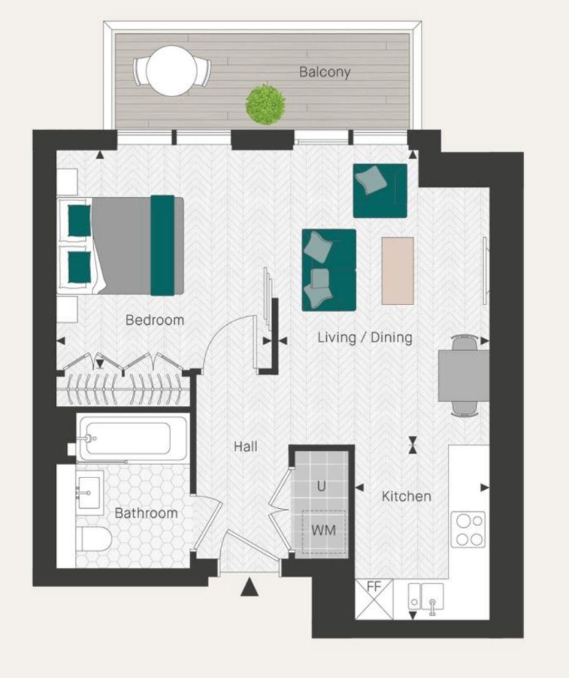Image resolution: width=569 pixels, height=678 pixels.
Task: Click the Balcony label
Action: pyautogui.click(x=325, y=72)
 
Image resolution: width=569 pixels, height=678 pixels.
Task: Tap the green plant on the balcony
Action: pyautogui.click(x=265, y=104)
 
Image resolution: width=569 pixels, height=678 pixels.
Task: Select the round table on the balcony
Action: pyautogui.click(x=171, y=71)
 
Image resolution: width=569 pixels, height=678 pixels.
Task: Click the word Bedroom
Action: pyautogui.click(x=155, y=320)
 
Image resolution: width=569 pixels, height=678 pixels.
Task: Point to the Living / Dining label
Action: pyautogui.click(x=365, y=337)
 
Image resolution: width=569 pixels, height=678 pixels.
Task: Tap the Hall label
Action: pyautogui.click(x=246, y=447)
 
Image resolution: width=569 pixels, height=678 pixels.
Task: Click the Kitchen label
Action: pyautogui.click(x=406, y=497)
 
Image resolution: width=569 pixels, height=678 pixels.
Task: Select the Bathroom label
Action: pyautogui.click(x=146, y=514)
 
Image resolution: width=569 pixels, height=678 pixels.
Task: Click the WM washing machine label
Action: pyautogui.click(x=323, y=530)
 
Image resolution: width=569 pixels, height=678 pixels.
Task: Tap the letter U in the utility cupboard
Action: pyautogui.click(x=321, y=487)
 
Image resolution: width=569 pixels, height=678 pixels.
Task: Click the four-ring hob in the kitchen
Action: pyautogui.click(x=468, y=530)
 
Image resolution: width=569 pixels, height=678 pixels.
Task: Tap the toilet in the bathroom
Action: pyautogui.click(x=94, y=539)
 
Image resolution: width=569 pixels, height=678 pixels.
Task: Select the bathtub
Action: pyautogui.click(x=133, y=439)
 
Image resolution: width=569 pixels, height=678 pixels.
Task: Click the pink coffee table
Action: pyautogui.click(x=398, y=271)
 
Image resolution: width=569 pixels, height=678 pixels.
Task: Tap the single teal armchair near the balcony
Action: pyautogui.click(x=380, y=191)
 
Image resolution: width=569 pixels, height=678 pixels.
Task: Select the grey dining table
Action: pyautogui.click(x=464, y=375)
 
